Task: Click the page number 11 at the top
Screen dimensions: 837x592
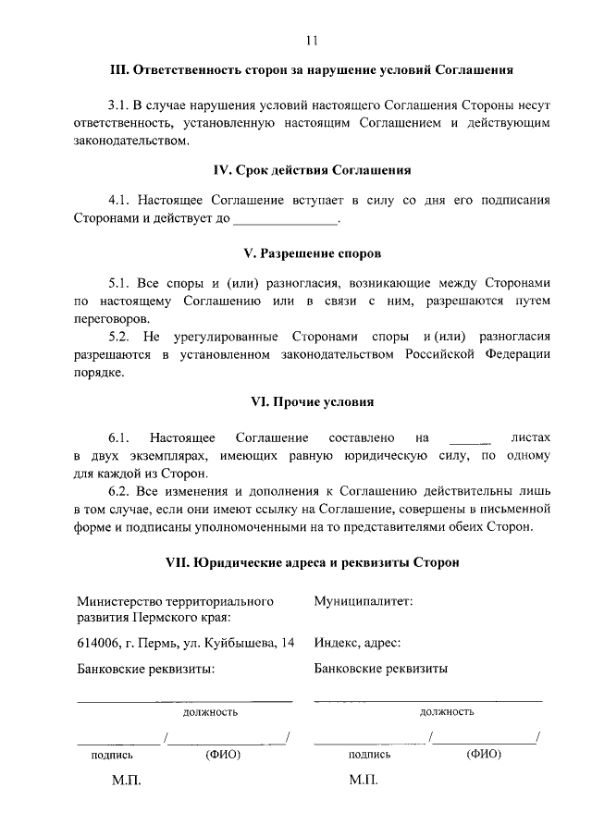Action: point(311,40)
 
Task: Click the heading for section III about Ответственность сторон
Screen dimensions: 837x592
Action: point(311,70)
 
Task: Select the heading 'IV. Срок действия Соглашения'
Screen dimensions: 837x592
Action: point(311,170)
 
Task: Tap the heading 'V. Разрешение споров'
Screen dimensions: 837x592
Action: point(311,252)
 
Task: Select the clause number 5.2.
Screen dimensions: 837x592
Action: point(118,338)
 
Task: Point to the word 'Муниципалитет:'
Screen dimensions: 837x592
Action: point(363,601)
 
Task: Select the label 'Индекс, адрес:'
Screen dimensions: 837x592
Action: point(357,643)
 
